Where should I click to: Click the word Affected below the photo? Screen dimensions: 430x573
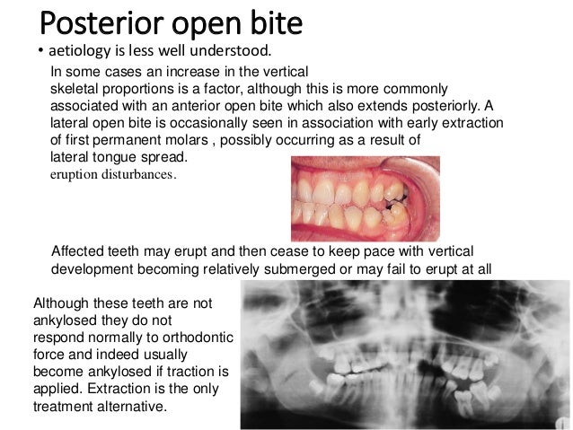coord(82,250)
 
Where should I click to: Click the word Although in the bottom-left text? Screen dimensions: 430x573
coord(59,303)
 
